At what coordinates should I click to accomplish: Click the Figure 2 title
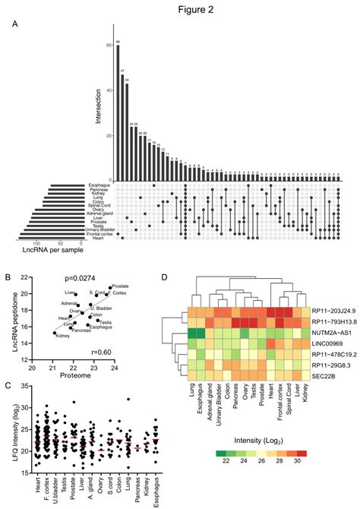click(181, 9)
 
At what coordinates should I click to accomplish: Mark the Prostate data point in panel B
click(110, 288)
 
